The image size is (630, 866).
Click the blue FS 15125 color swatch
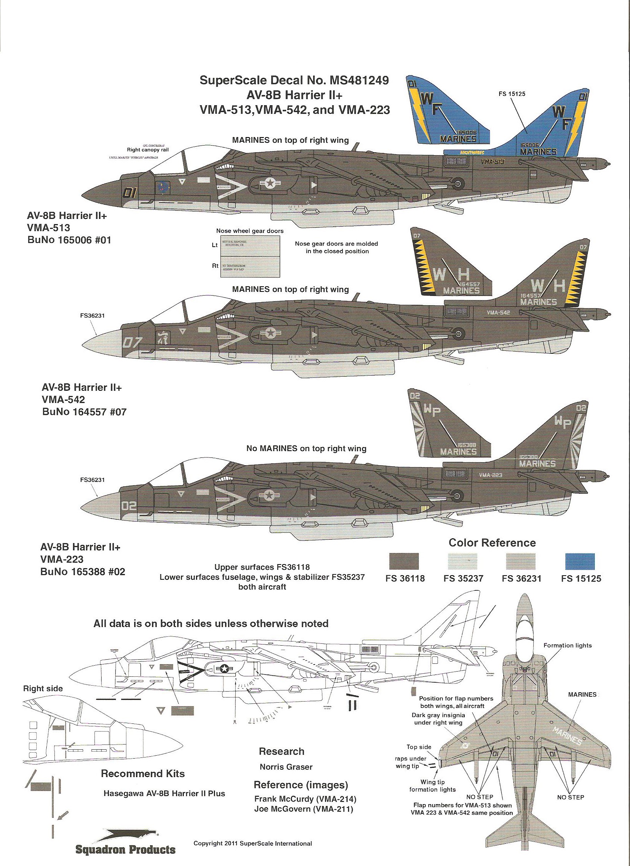tap(580, 562)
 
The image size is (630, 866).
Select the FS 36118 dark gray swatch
tap(404, 562)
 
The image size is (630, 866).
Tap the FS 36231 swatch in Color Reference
tap(520, 562)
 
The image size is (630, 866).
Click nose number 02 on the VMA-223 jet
tap(129, 506)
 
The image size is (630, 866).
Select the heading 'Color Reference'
tap(492, 543)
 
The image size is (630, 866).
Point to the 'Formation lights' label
tap(567, 645)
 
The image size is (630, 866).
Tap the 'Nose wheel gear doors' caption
tap(250, 231)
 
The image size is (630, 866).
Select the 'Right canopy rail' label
tap(148, 150)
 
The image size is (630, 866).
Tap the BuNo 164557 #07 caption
tap(84, 412)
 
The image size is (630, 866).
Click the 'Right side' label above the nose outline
tap(43, 689)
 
